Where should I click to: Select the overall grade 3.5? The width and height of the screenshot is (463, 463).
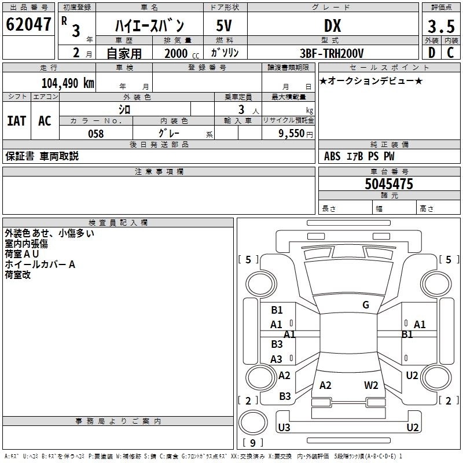(x=441, y=26)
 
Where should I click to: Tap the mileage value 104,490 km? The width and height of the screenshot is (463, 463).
(x=68, y=83)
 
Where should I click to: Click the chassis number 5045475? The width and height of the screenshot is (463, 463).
(x=389, y=184)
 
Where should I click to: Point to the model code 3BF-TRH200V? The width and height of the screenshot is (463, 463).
(x=333, y=53)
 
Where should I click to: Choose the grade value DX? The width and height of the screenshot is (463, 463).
(x=332, y=26)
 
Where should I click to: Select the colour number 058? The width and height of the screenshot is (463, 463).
(x=95, y=134)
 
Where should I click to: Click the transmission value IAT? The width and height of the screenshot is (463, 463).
(x=16, y=121)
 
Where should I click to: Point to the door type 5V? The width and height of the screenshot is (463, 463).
(x=224, y=26)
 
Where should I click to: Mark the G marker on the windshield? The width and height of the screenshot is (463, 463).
(x=366, y=305)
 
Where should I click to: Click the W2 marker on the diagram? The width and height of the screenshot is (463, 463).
(x=371, y=385)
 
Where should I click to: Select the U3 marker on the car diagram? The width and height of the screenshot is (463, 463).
(x=284, y=428)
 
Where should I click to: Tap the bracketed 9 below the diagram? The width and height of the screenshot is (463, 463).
(x=252, y=443)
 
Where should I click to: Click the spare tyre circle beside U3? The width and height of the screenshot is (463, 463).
(x=253, y=421)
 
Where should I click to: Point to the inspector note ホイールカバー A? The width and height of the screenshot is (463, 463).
(x=40, y=264)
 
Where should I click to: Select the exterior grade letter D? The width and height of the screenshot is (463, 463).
(x=431, y=53)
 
